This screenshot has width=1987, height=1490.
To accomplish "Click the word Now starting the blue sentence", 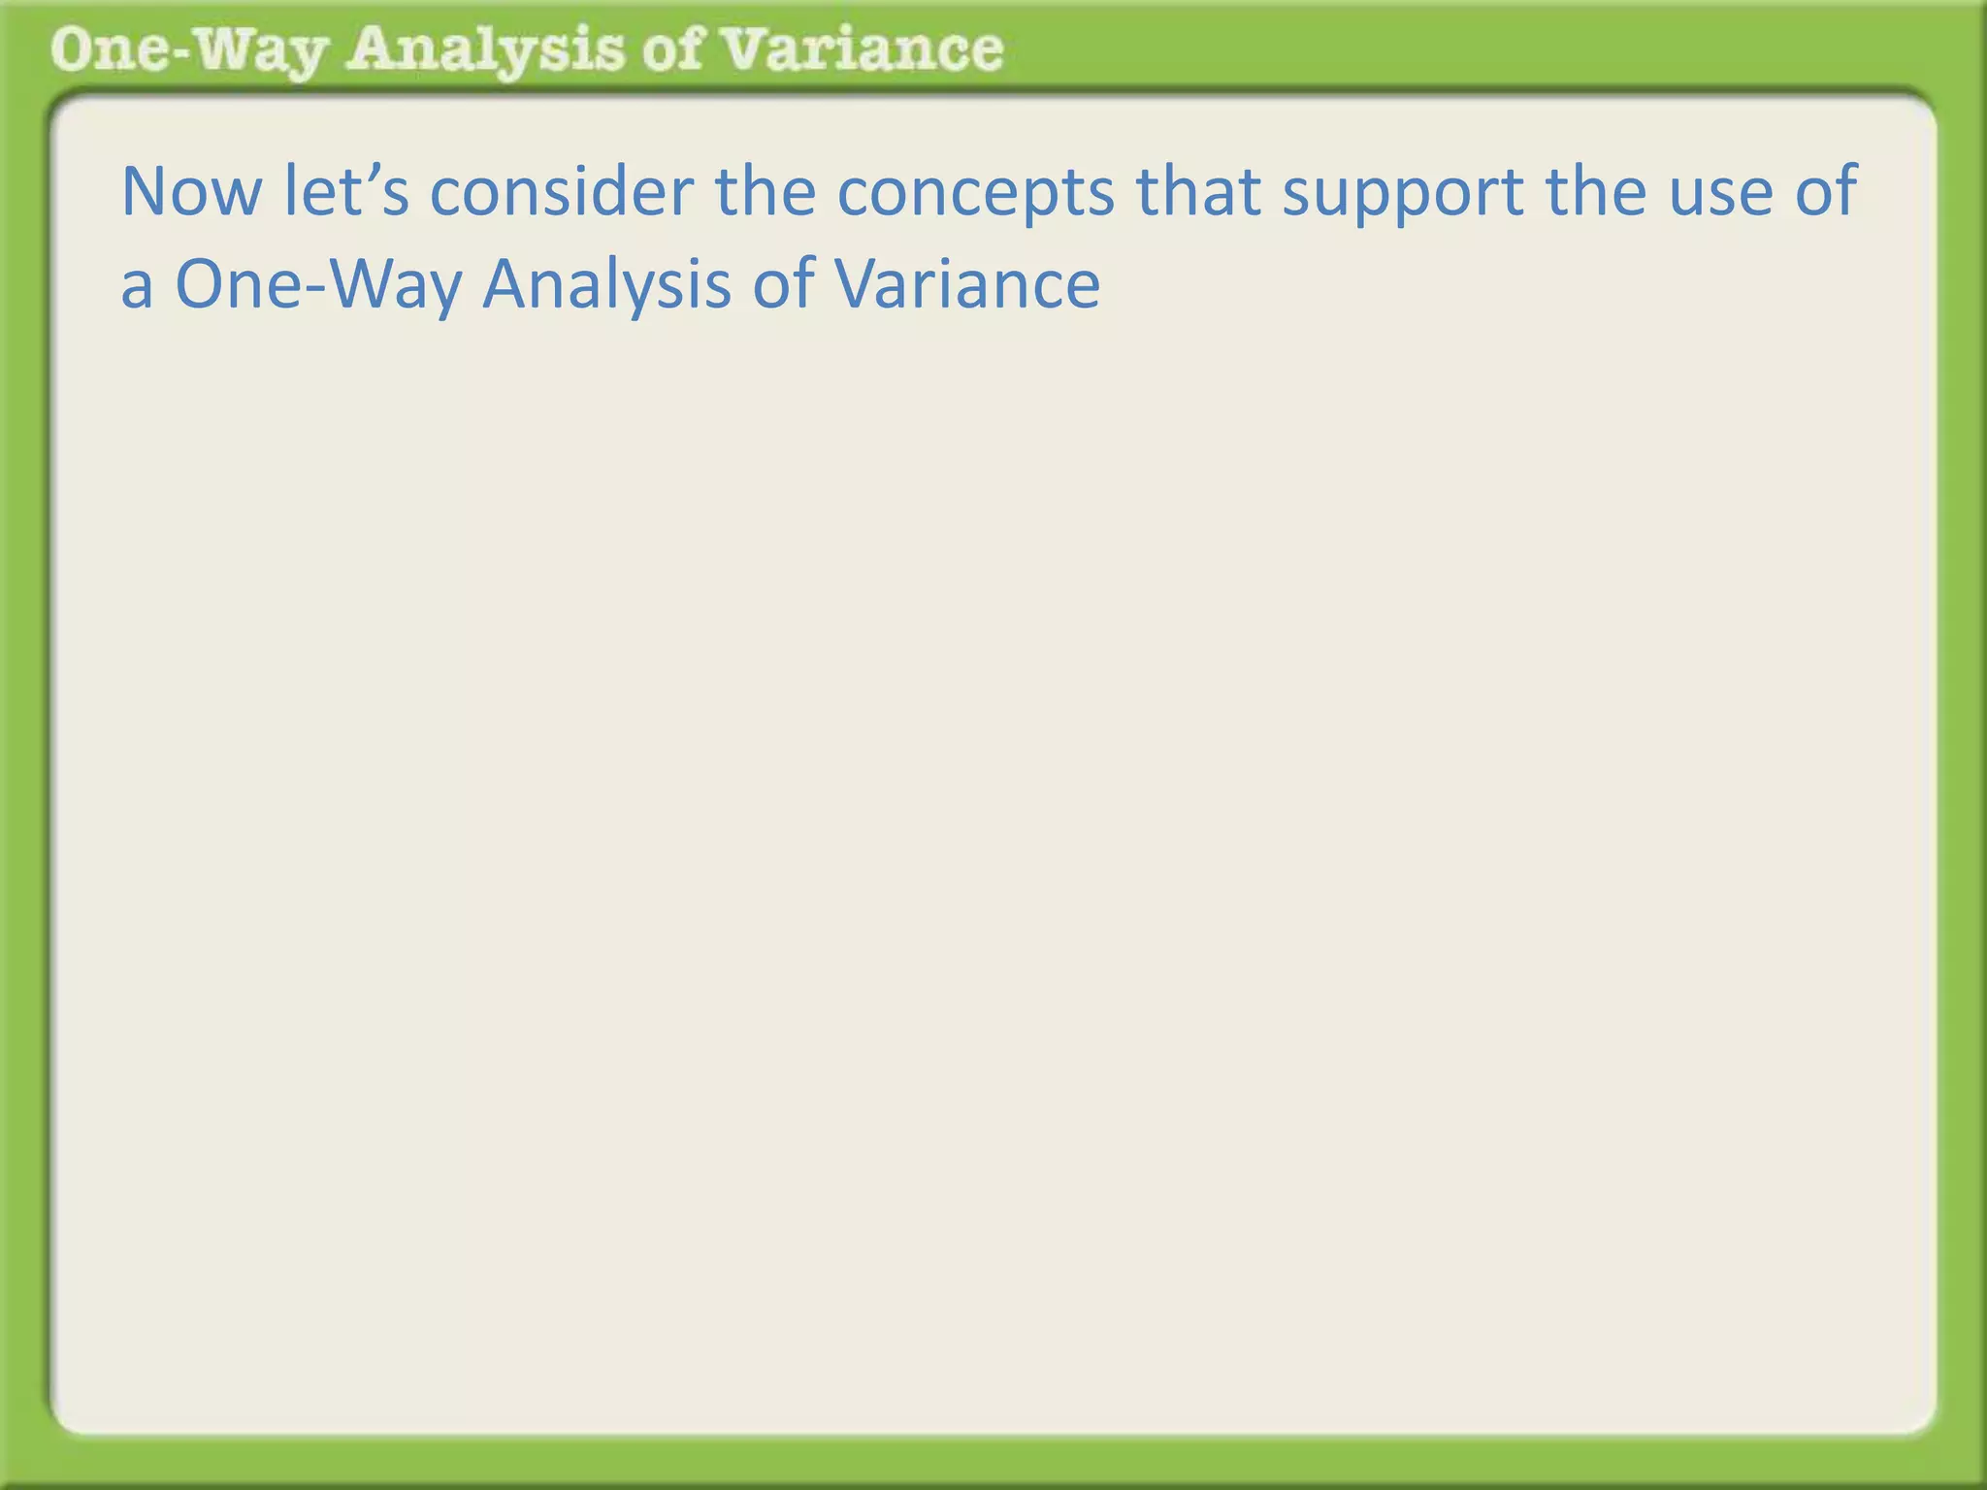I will (x=191, y=191).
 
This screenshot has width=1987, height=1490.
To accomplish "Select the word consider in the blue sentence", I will (x=561, y=191).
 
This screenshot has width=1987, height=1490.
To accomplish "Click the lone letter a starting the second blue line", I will (x=136, y=287).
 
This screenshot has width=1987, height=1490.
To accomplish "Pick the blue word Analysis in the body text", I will (x=606, y=285).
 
